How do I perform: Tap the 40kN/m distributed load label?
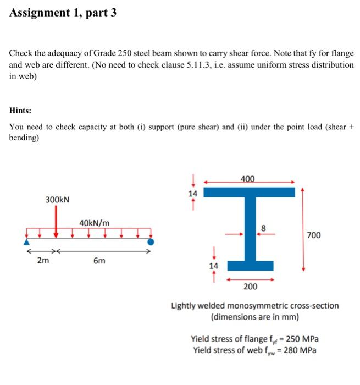click(94, 223)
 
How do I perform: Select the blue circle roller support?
click(151, 241)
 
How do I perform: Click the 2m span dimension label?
click(42, 261)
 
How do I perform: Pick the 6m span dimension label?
click(99, 261)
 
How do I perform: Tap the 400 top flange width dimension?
click(248, 179)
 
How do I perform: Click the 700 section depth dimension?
click(314, 235)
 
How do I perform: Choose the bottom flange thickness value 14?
click(213, 266)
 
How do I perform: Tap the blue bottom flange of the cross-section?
click(250, 266)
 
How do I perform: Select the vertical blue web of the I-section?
click(250, 228)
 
